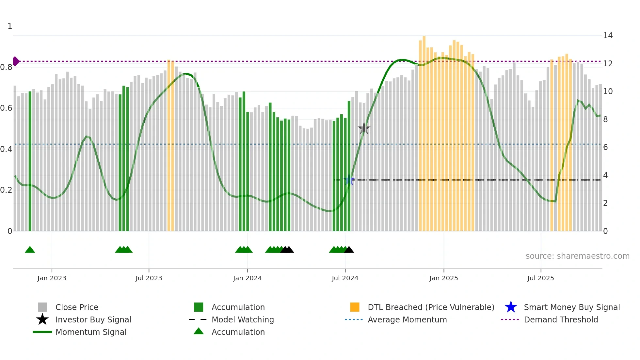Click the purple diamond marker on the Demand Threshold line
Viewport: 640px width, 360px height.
click(x=16, y=61)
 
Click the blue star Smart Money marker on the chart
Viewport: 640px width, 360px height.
click(x=349, y=180)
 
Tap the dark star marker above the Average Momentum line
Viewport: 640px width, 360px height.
click(x=364, y=128)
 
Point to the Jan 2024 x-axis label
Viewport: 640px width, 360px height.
click(x=247, y=278)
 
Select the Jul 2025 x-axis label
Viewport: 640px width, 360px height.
click(x=540, y=278)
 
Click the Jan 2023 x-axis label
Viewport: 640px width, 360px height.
click(x=52, y=278)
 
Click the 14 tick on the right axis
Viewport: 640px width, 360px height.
click(x=608, y=36)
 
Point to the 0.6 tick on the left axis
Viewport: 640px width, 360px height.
click(x=6, y=108)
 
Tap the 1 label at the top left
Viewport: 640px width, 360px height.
click(x=10, y=26)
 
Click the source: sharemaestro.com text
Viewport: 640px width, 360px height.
click(x=577, y=256)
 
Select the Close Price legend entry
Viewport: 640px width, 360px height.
click(x=76, y=307)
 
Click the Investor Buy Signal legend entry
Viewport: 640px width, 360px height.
click(x=93, y=319)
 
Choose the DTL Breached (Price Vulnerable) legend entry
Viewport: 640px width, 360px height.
click(x=431, y=307)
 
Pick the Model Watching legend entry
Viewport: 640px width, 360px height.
click(x=242, y=319)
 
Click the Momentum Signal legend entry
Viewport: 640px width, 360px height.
click(x=91, y=332)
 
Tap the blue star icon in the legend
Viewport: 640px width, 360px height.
click(x=511, y=307)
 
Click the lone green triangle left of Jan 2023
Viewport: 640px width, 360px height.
click(x=30, y=250)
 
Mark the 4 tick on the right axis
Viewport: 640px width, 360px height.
click(x=605, y=175)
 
